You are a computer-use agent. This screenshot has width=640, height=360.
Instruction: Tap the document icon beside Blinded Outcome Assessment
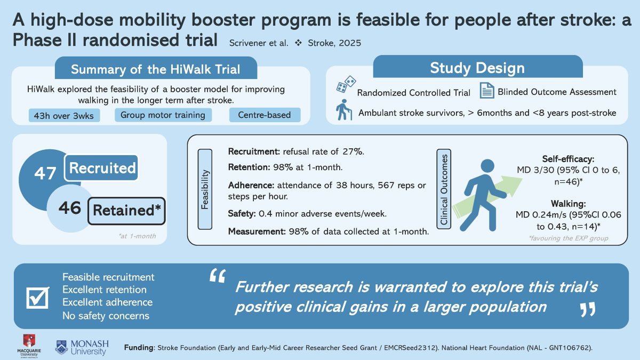click(x=487, y=91)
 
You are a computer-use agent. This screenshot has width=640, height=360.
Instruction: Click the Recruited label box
click(x=102, y=169)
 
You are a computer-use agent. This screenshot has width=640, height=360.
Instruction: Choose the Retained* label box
click(x=126, y=210)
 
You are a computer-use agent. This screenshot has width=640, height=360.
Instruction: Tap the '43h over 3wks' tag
click(x=64, y=115)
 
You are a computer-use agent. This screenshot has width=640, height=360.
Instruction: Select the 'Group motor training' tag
click(x=163, y=115)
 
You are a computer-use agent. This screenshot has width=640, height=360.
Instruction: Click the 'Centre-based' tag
click(x=264, y=115)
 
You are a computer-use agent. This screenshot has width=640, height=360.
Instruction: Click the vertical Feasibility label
click(x=205, y=189)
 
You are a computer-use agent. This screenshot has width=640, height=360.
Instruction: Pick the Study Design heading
click(x=477, y=68)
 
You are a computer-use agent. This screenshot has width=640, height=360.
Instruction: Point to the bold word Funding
click(x=139, y=347)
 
